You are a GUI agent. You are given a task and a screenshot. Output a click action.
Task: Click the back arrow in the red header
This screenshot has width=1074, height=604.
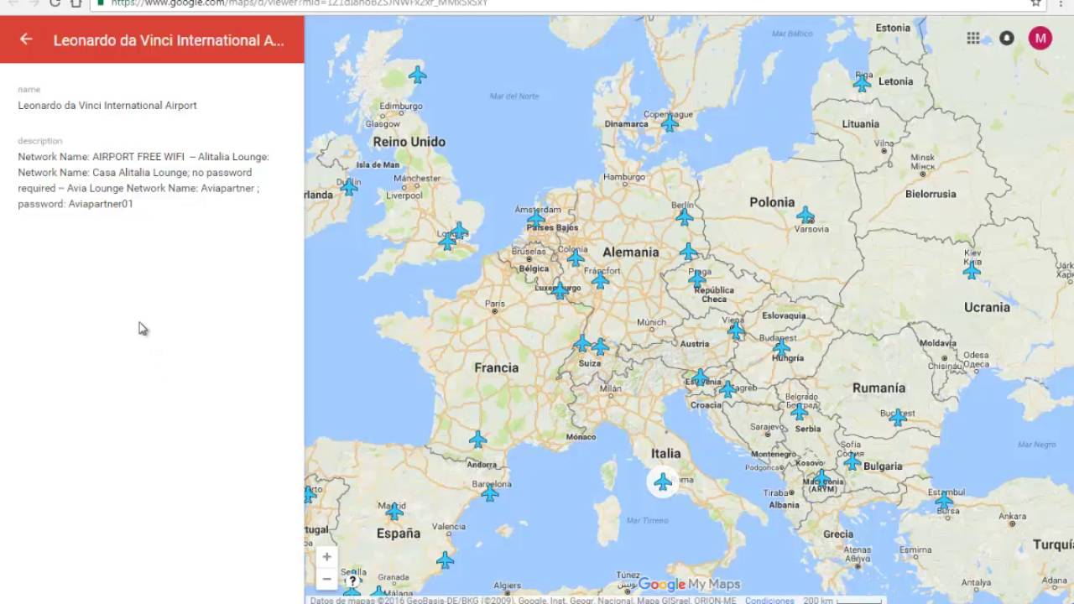pos(26,39)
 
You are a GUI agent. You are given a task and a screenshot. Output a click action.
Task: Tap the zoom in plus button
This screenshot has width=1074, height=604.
pos(326,557)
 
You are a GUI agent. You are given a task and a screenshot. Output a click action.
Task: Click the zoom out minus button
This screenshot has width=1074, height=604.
pos(326,579)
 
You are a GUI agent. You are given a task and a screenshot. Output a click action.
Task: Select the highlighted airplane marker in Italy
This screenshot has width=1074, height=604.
pos(663,482)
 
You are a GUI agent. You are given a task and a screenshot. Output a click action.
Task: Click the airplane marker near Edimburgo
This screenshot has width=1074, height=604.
pos(417,75)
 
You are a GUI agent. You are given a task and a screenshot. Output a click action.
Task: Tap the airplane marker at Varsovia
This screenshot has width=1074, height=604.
pos(805,215)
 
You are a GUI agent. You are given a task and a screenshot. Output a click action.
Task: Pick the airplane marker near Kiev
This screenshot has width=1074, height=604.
pos(972,270)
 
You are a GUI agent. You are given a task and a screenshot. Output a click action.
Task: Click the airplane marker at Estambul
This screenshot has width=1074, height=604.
pos(944,502)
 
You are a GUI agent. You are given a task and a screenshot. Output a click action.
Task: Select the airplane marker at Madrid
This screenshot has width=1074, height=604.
pos(394,511)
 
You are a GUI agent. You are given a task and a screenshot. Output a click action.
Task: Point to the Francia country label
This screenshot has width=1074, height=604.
pos(496,367)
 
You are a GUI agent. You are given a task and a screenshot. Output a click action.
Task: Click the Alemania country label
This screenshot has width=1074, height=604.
pos(630,252)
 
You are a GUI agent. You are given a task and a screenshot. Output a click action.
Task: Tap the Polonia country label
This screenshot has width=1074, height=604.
pos(771,202)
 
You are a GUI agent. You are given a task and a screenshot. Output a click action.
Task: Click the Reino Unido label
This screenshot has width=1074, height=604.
pos(409,142)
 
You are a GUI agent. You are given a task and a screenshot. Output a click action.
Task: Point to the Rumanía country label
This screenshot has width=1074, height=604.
pos(878,388)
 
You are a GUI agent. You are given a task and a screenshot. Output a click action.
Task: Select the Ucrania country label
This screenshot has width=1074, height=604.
pos(987,307)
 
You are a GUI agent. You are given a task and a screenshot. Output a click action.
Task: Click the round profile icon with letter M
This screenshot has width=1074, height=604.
pos(1040,38)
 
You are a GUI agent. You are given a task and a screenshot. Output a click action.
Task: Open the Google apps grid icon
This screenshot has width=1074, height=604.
pos(973,38)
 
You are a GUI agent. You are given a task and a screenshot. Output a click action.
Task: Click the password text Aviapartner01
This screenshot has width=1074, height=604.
pos(101,204)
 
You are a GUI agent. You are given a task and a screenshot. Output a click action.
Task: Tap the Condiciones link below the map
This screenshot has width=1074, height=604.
pos(769,600)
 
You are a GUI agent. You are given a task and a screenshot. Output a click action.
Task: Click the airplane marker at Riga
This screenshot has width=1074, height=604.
pos(862,83)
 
